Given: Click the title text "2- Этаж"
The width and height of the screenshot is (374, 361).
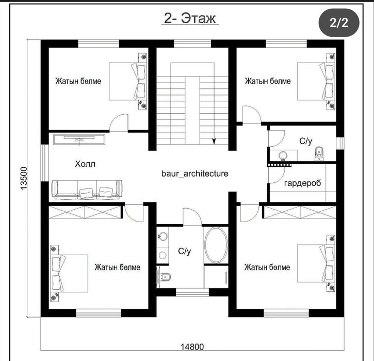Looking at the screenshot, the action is pyautogui.click(x=190, y=19).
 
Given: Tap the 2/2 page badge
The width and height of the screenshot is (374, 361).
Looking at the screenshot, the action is pyautogui.click(x=339, y=23).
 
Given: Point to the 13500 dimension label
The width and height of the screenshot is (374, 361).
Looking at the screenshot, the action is pyautogui.click(x=24, y=178).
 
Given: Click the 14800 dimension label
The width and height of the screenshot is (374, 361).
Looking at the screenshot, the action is pyautogui.click(x=192, y=347).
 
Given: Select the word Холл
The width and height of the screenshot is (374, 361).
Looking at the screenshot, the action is pyautogui.click(x=85, y=164).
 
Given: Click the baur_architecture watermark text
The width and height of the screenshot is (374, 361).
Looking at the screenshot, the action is pyautogui.click(x=195, y=174).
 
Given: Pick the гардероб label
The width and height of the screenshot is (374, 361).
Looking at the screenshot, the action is pyautogui.click(x=303, y=183).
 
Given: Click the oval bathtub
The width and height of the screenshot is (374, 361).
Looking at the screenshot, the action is pyautogui.click(x=216, y=245).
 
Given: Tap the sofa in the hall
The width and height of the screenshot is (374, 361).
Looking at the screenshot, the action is pyautogui.click(x=87, y=190).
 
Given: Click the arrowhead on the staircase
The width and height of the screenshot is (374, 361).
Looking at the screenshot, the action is pyautogui.click(x=214, y=142).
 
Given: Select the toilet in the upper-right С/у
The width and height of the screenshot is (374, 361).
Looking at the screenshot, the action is pyautogui.click(x=319, y=154).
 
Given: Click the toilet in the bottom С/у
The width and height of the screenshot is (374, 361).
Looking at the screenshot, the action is pyautogui.click(x=164, y=277).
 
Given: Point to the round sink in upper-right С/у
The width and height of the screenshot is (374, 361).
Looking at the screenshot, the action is pyautogui.click(x=283, y=155).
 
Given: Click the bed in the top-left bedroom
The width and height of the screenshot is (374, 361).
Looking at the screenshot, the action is pyautogui.click(x=128, y=82).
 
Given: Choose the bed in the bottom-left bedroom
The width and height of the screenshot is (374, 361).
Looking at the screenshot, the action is pyautogui.click(x=69, y=273).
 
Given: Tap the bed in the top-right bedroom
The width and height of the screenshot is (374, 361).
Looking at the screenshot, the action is pyautogui.click(x=316, y=82).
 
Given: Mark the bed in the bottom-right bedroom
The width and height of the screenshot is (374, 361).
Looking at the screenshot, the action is pyautogui.click(x=316, y=263).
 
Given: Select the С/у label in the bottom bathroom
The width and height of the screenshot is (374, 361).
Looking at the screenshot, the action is pyautogui.click(x=184, y=251).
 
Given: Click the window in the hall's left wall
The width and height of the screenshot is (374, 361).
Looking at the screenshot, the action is pyautogui.click(x=44, y=163).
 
